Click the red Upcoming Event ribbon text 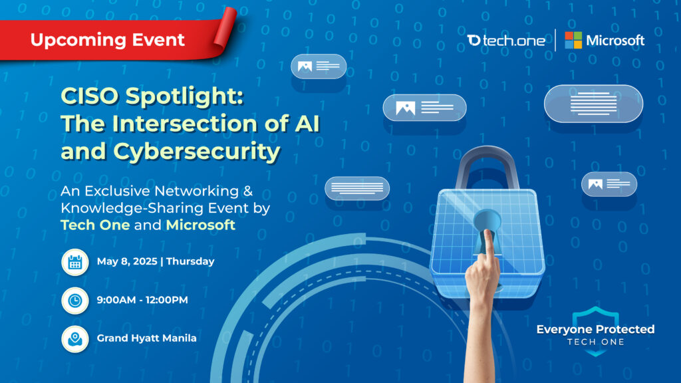107,40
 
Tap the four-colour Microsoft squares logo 573,41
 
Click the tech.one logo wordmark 506,41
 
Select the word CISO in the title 90,96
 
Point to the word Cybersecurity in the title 197,152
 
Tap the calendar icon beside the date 75,262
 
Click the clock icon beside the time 75,301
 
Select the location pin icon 75,338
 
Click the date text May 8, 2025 127,261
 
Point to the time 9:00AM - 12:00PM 142,300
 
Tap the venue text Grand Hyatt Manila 147,338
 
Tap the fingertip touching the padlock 489,235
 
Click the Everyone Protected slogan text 595,329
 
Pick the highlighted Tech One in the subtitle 95,225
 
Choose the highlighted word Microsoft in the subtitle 201,225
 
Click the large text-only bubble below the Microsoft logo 594,104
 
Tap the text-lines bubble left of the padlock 357,188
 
